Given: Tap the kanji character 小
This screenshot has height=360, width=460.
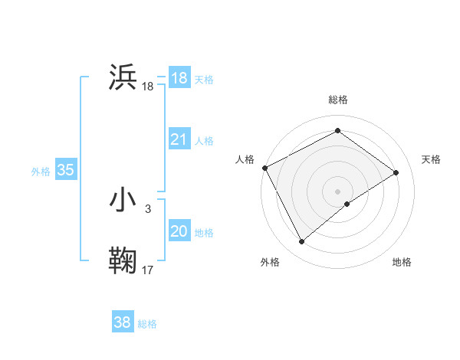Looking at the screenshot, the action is click(123, 200).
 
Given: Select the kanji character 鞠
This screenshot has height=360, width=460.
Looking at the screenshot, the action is click(123, 260).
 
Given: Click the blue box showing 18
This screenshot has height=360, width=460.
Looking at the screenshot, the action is click(179, 78).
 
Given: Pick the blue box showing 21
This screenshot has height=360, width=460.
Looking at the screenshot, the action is click(179, 139).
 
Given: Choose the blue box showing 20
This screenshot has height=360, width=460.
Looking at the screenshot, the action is click(179, 231).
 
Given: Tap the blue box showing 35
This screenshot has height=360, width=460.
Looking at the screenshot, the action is click(65, 170).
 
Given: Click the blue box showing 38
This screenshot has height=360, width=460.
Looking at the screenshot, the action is click(122, 322).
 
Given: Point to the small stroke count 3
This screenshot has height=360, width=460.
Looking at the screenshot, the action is click(147, 208).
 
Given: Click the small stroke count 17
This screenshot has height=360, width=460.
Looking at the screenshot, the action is click(148, 270).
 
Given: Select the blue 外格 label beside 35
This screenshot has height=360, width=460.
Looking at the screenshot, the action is click(41, 172).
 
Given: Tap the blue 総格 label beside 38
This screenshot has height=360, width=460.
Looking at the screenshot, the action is click(147, 324).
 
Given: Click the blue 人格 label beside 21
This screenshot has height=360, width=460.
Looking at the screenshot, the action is click(204, 141).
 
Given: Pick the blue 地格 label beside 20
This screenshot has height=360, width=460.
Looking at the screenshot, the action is click(204, 233).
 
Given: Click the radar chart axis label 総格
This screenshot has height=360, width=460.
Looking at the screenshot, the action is click(337, 100).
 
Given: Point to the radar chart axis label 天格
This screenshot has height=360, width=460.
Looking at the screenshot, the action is click(431, 159).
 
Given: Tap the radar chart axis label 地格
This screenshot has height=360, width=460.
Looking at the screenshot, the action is click(402, 262).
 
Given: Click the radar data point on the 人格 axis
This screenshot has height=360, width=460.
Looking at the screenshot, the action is click(264, 168).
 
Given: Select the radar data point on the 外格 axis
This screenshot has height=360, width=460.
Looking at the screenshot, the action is click(302, 242).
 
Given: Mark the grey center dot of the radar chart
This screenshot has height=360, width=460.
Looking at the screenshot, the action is click(337, 191).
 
